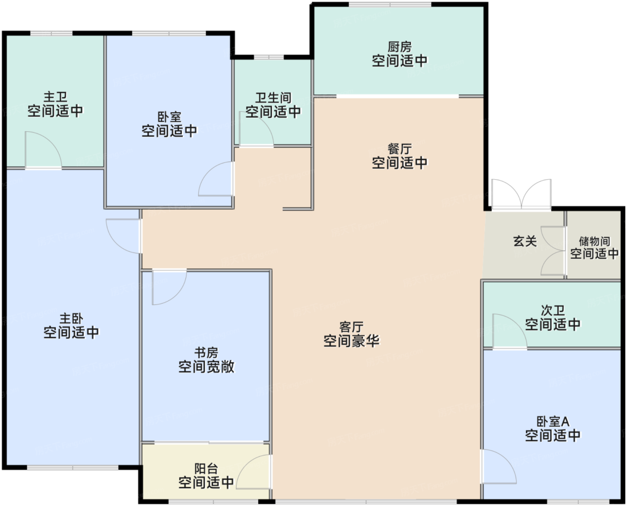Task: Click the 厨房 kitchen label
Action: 399,47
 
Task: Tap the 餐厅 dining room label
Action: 399,149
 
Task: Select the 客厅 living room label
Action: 352,327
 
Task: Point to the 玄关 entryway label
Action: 525,241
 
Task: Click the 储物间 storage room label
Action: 594,241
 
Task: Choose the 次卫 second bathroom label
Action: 553,310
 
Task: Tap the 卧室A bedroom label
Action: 553,421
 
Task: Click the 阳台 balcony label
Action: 206,469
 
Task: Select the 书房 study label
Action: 206,352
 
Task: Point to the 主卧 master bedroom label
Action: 71,318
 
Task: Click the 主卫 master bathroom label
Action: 56,97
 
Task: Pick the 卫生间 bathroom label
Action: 273,98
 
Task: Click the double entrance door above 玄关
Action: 521,194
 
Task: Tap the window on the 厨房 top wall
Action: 390,4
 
